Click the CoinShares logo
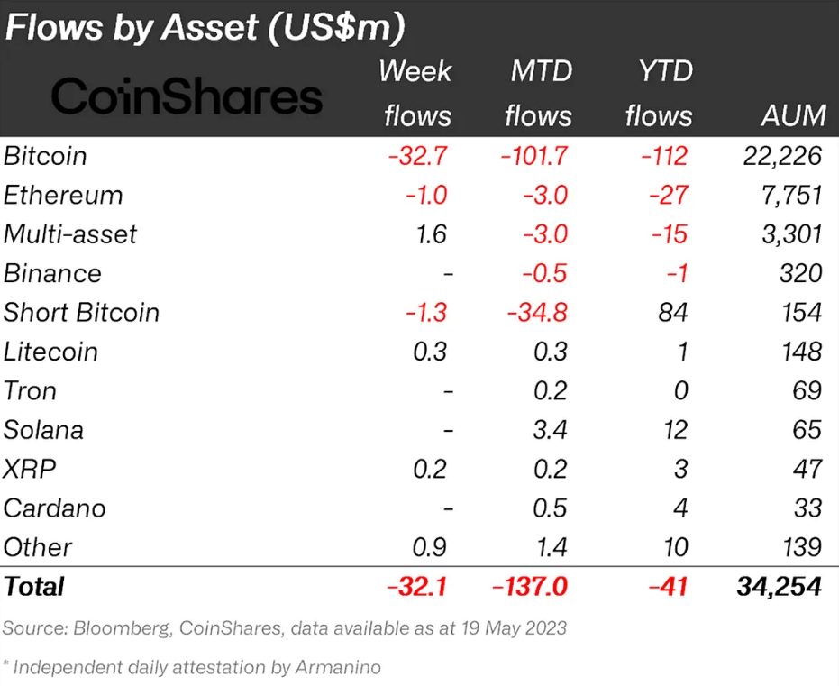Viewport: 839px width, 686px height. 187,96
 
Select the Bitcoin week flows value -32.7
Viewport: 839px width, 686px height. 417,156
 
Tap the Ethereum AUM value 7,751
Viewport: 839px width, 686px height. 789,196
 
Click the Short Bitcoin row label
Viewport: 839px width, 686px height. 81,313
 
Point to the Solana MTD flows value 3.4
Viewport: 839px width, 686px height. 549,430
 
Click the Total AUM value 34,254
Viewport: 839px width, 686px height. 777,587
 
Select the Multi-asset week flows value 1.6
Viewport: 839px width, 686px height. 432,234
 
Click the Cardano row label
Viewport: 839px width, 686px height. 54,508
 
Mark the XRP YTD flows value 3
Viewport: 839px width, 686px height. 680,470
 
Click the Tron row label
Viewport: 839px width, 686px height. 30,391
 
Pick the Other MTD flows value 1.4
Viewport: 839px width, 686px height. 549,547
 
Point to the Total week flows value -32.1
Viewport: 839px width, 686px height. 417,587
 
